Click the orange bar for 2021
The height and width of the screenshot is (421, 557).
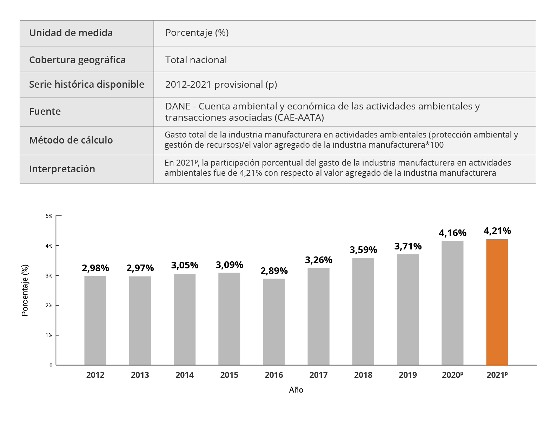pyautogui.click(x=497, y=302)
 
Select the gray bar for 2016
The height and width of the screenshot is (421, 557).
pyautogui.click(x=274, y=322)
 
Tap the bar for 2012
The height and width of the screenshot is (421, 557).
pyautogui.click(x=95, y=320)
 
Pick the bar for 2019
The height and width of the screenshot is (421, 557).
pyautogui.click(x=408, y=309)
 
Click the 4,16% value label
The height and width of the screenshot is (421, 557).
pyautogui.click(x=452, y=233)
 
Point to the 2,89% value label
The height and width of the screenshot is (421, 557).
pyautogui.click(x=274, y=271)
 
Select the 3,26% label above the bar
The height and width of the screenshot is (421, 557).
pyautogui.click(x=318, y=260)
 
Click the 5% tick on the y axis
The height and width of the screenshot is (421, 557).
pyautogui.click(x=49, y=216)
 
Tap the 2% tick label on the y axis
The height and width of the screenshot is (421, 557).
pyautogui.click(x=49, y=306)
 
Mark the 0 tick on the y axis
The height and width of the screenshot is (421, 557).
pyautogui.click(x=51, y=366)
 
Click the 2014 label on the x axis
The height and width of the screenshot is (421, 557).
pyautogui.click(x=185, y=375)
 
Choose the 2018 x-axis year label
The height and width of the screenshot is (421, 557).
pyautogui.click(x=363, y=375)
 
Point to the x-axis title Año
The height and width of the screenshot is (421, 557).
pyautogui.click(x=296, y=390)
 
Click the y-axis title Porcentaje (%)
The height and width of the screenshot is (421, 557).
pyautogui.click(x=25, y=290)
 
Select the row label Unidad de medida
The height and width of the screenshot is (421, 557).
pyautogui.click(x=71, y=33)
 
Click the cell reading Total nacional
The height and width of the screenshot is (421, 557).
pyautogui.click(x=196, y=60)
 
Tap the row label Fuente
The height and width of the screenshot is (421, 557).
pyautogui.click(x=45, y=112)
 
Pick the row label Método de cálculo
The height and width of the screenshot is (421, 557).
pyautogui.click(x=71, y=140)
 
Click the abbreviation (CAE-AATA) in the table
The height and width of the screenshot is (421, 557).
pyautogui.click(x=299, y=118)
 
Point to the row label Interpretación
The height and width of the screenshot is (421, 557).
pyautogui.click(x=62, y=169)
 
